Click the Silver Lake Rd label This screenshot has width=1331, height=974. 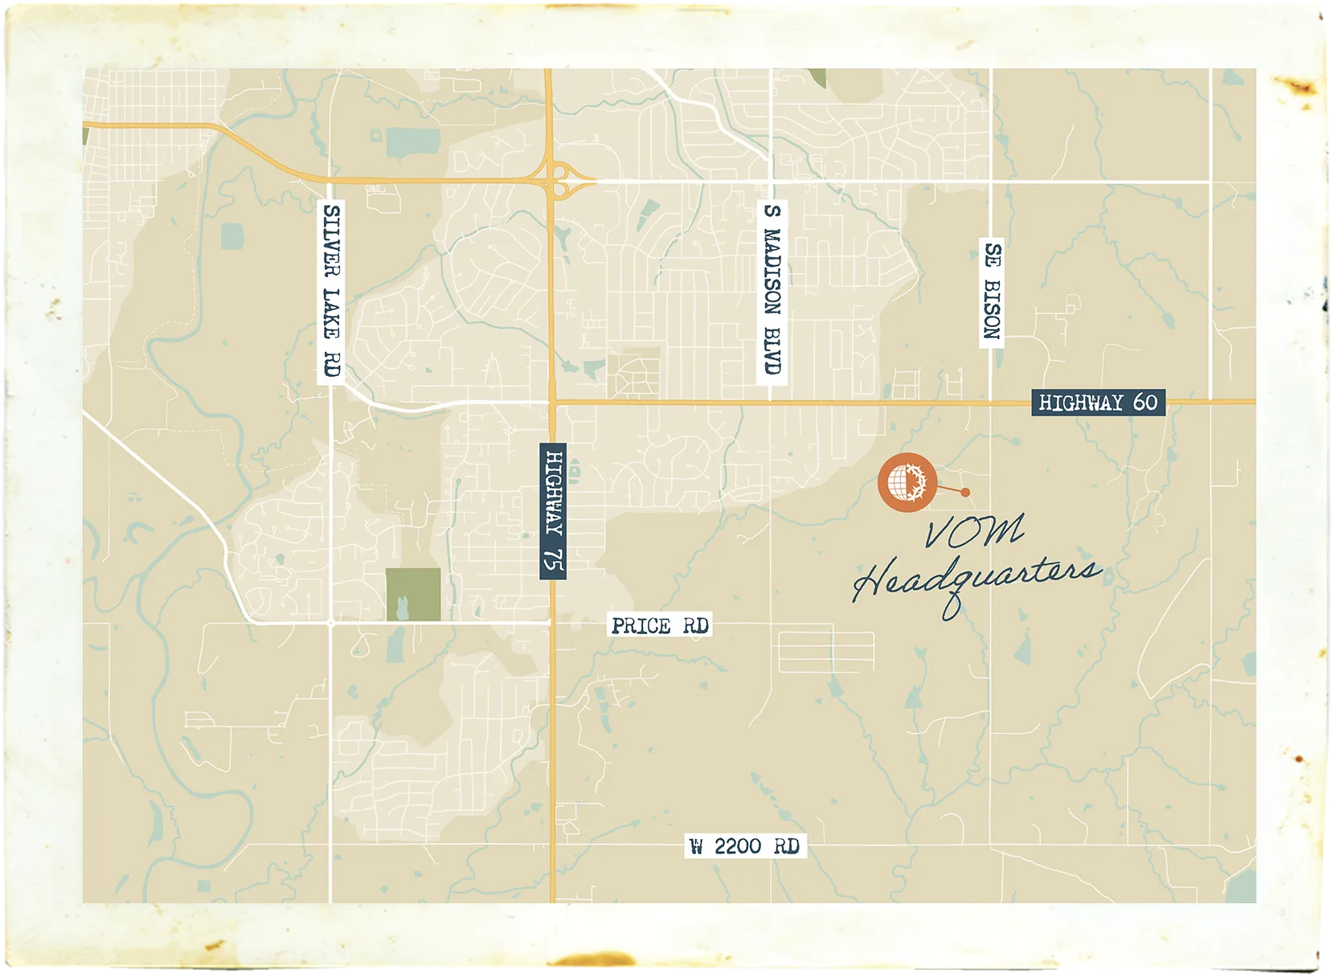[x=331, y=292]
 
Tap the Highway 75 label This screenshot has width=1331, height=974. [x=553, y=511]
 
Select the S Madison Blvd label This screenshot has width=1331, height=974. [x=772, y=289]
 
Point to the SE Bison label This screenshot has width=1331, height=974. [x=992, y=291]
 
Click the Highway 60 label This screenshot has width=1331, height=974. [x=1098, y=402]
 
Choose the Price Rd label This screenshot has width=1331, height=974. [x=660, y=625]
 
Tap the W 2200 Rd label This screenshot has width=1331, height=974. [x=744, y=846]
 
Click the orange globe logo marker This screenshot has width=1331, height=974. [x=907, y=482]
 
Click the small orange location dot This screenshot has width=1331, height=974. [x=965, y=493]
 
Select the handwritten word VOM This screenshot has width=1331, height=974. [x=974, y=531]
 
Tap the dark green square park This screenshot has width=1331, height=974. [x=413, y=594]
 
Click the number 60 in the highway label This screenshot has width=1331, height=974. [x=1145, y=402]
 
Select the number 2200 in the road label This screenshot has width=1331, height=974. [x=737, y=846]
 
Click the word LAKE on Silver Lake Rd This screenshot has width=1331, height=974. [x=331, y=313]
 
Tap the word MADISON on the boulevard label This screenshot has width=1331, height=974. [x=772, y=272]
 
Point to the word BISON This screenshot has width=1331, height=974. [x=992, y=309]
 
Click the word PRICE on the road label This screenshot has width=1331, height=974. [x=641, y=625]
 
